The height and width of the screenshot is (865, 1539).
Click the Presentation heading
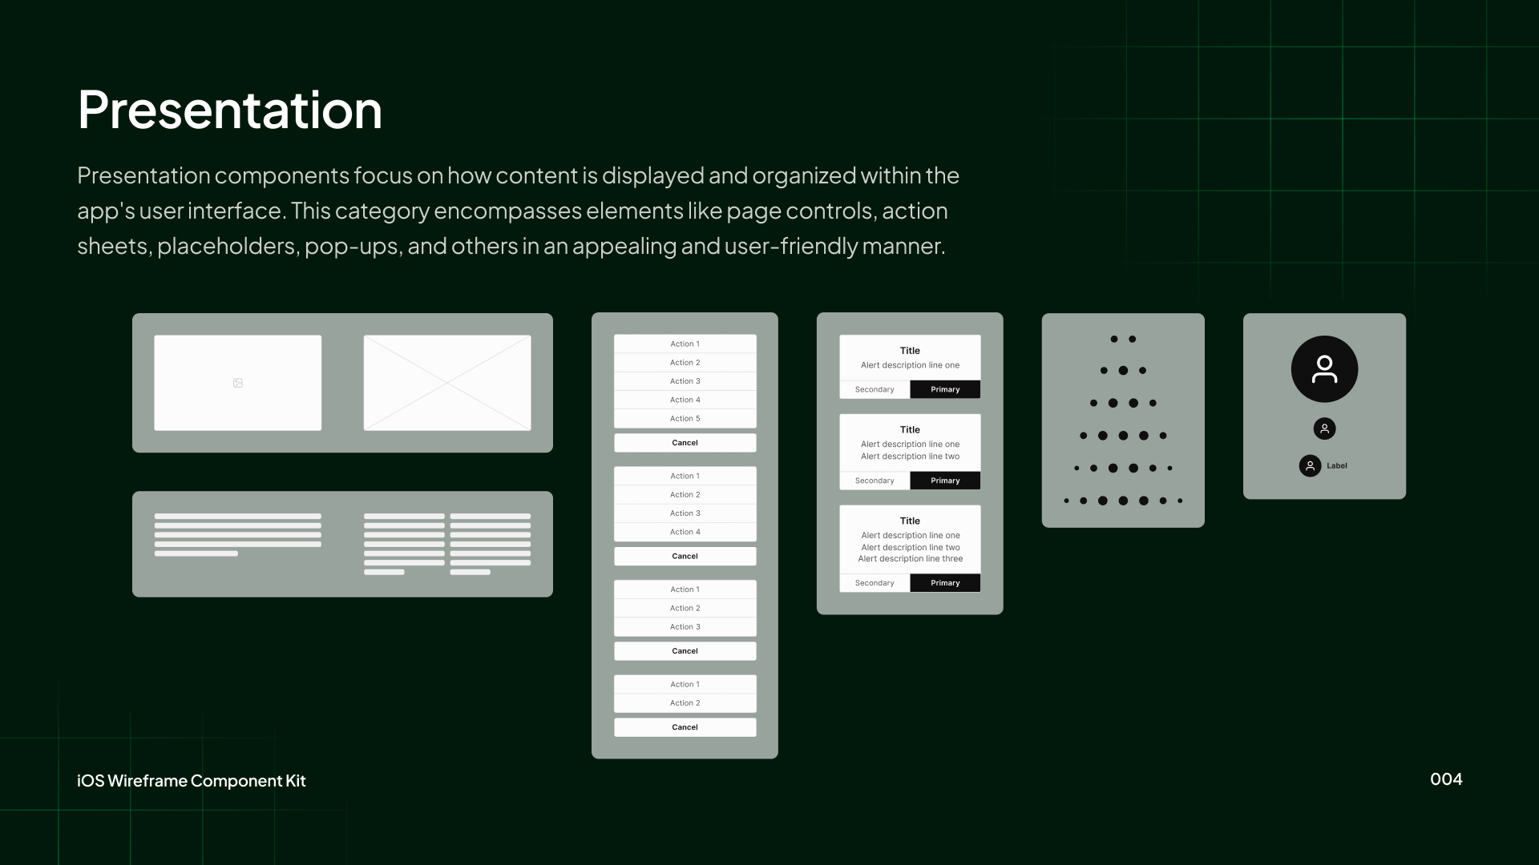(230, 110)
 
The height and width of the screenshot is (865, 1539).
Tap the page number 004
(1446, 779)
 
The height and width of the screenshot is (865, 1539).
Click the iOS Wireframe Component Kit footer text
(192, 781)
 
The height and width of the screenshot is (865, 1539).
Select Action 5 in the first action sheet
(685, 419)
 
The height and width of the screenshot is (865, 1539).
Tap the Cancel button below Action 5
(685, 443)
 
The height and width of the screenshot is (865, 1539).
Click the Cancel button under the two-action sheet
(685, 727)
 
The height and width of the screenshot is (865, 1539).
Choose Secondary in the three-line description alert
(875, 583)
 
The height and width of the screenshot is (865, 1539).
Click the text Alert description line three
(910, 559)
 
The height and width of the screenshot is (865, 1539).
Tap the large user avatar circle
(1324, 369)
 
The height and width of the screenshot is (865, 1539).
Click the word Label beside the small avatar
(1336, 466)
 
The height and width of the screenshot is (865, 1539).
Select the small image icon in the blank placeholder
(238, 383)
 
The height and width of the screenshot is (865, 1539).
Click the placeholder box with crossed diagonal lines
(447, 383)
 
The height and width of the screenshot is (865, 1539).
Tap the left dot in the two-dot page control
(1113, 340)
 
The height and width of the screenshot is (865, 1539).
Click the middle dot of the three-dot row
(1123, 371)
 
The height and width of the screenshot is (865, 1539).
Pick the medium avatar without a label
(1324, 429)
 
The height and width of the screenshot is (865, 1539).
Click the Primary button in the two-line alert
(945, 481)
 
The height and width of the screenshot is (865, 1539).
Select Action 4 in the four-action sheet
(685, 532)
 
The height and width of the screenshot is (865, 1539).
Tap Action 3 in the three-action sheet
(685, 627)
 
